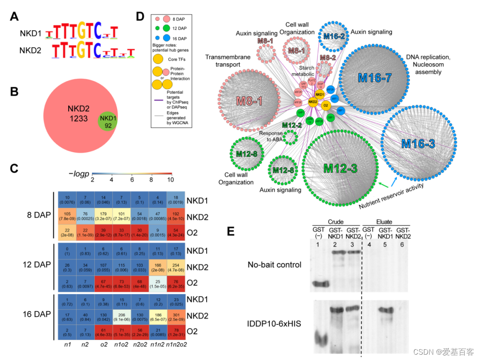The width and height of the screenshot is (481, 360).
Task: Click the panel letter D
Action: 140,17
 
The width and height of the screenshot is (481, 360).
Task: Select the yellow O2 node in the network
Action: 326,105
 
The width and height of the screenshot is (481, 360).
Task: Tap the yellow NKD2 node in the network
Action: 313,102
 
